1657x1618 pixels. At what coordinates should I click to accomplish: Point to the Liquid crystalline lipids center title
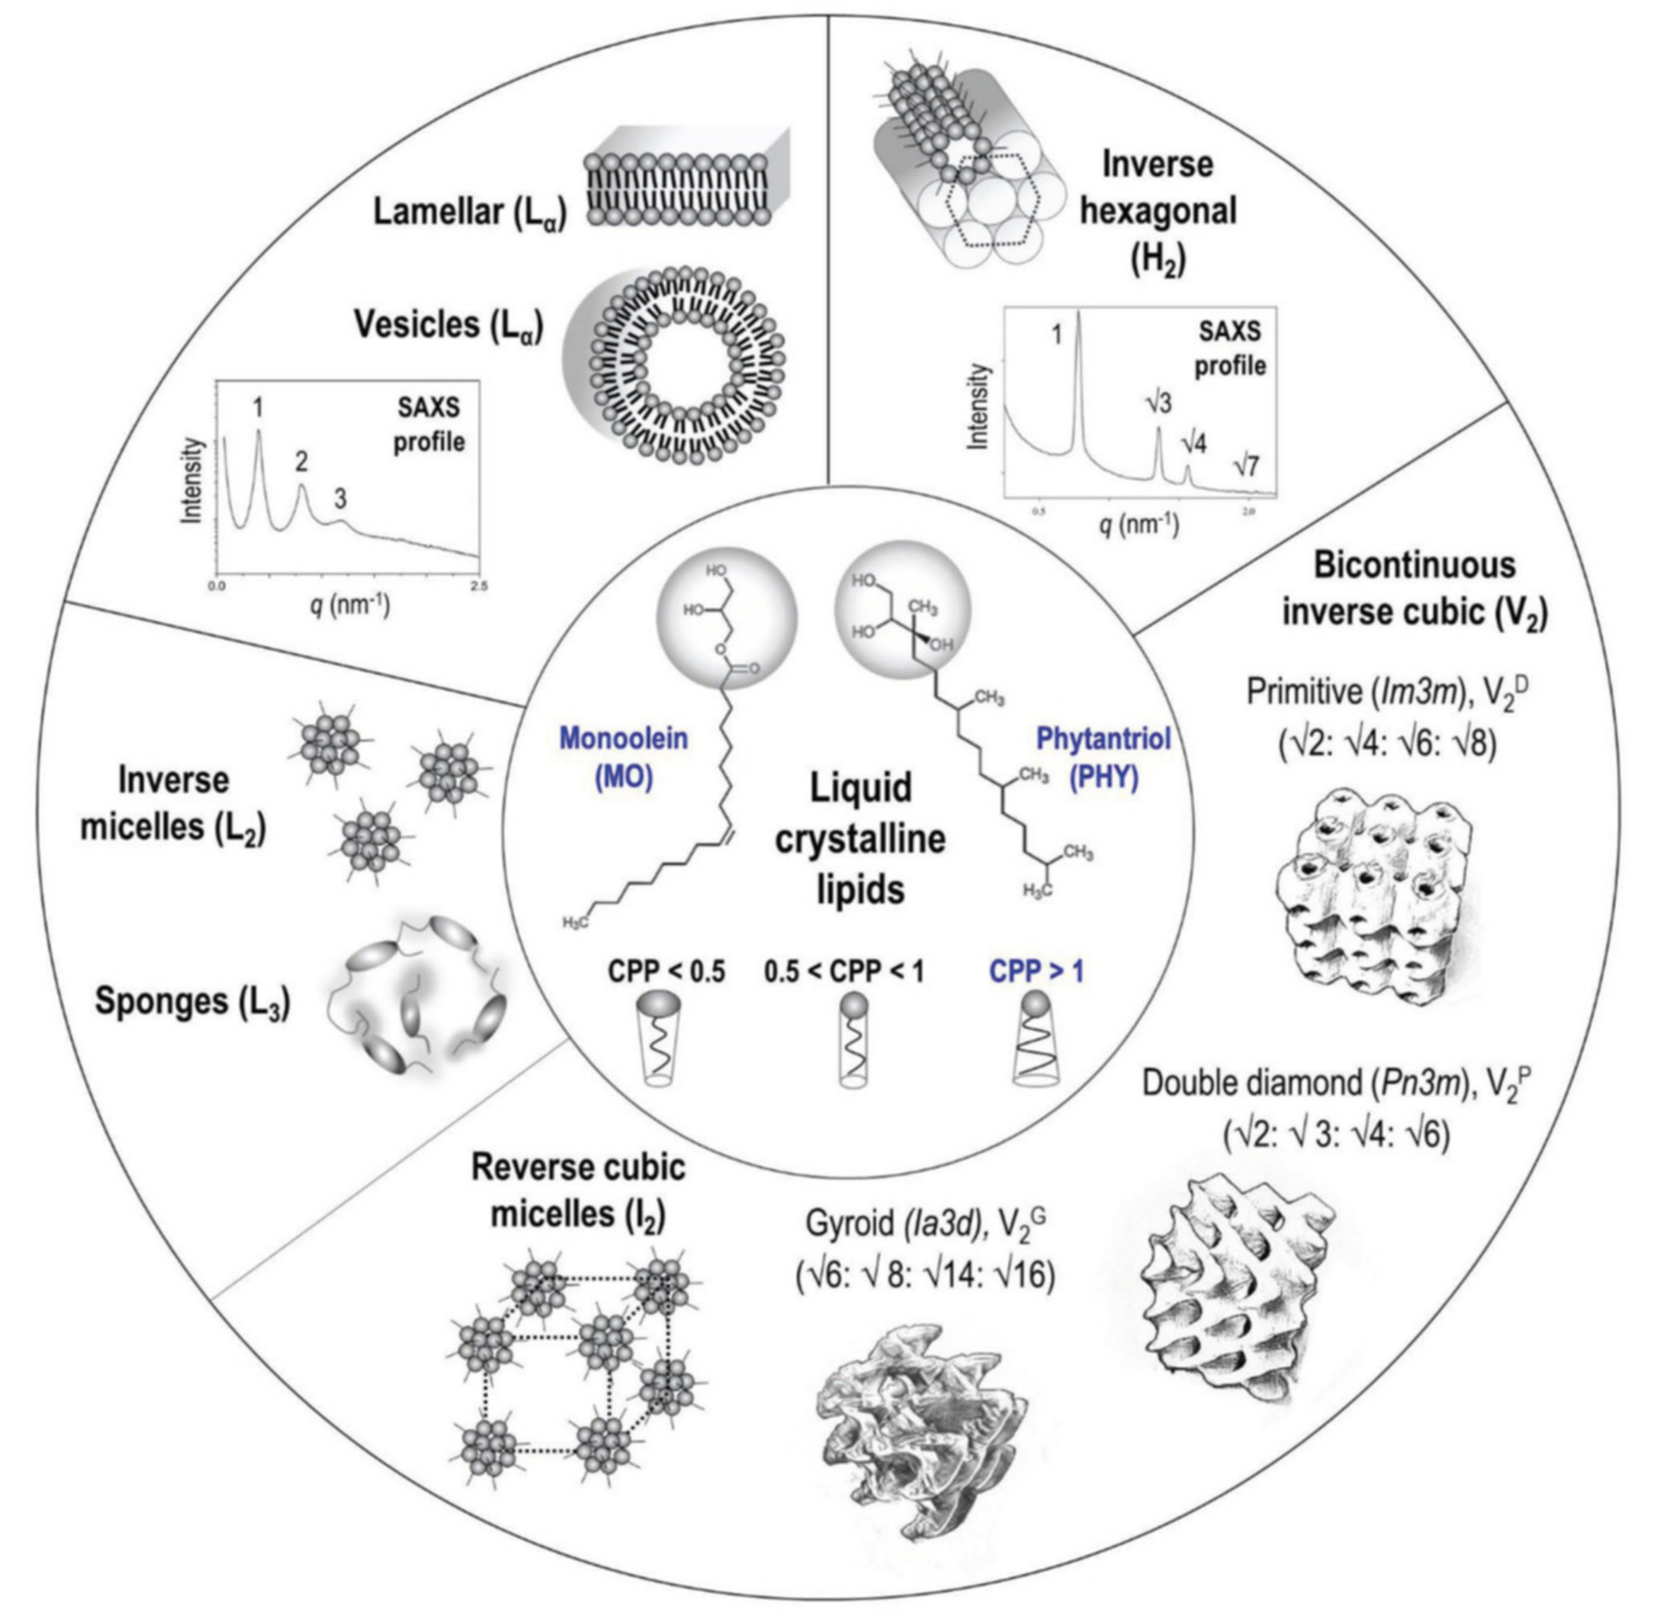click(x=860, y=839)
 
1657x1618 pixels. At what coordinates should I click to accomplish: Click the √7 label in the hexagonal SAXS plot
click(x=1246, y=466)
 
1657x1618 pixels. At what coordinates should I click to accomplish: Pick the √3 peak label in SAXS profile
click(x=1158, y=403)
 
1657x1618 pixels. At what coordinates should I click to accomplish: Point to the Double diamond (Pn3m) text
click(x=1305, y=1083)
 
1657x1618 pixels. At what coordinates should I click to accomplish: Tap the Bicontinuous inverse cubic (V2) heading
click(x=1415, y=588)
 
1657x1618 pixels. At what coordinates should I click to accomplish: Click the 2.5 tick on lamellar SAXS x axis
click(x=479, y=586)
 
